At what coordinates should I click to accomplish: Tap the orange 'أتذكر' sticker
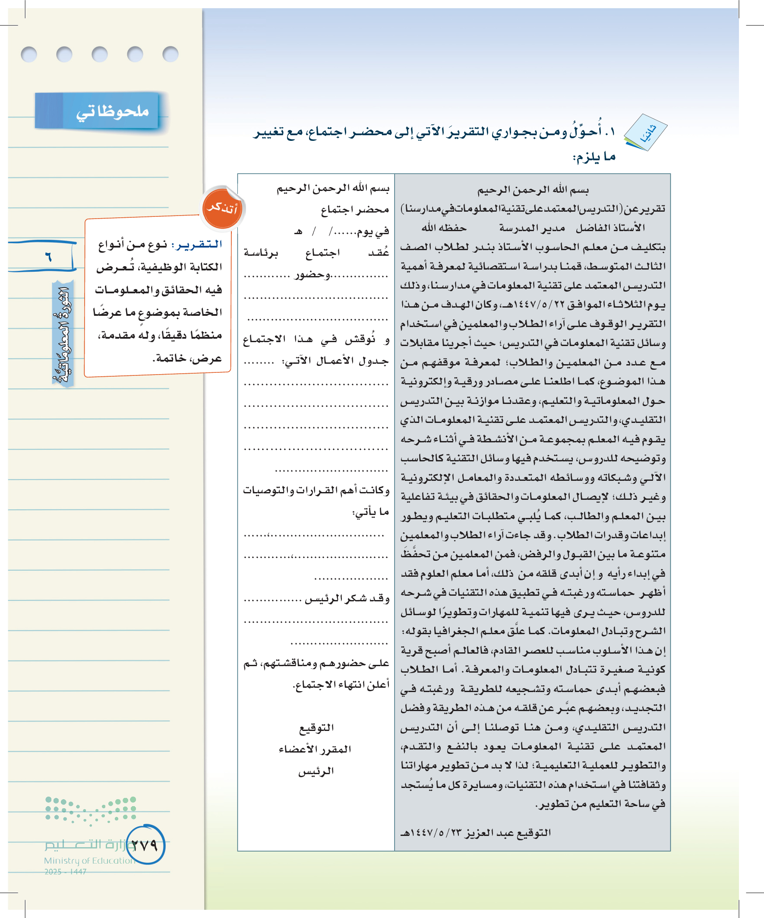point(222,208)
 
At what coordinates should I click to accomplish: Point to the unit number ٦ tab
point(47,256)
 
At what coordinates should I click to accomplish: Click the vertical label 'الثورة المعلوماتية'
point(63,334)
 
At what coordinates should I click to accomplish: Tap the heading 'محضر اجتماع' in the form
point(355,210)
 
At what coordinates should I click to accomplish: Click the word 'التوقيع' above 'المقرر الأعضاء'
point(316,728)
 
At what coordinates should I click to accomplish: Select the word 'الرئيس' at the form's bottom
point(316,772)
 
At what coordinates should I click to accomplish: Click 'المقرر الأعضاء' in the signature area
point(315,750)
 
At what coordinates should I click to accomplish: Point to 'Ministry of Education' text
point(89,861)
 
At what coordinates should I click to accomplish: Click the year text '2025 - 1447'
point(66,872)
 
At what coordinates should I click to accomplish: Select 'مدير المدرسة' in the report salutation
point(532,228)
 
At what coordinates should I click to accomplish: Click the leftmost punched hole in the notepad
point(29,54)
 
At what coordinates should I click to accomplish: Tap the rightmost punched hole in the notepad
point(170,54)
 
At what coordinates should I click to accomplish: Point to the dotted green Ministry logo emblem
point(91,810)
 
